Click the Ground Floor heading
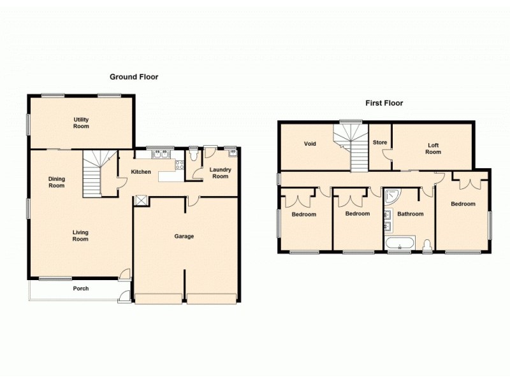coord(134,77)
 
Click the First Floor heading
coord(384,103)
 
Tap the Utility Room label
coord(81,123)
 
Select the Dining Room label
coord(57,182)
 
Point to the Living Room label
coord(80,236)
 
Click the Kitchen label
coord(141,172)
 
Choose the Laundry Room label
coord(220,173)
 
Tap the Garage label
coord(184,236)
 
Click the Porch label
coord(80,288)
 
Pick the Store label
coord(380,143)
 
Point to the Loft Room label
coord(433,148)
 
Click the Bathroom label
coord(410,214)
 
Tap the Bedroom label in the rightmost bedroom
coord(463,204)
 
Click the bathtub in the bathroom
coord(400,243)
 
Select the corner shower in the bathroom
coord(391,195)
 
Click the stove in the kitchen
coord(179,164)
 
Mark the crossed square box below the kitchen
coord(140,201)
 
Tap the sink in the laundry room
coord(233,152)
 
